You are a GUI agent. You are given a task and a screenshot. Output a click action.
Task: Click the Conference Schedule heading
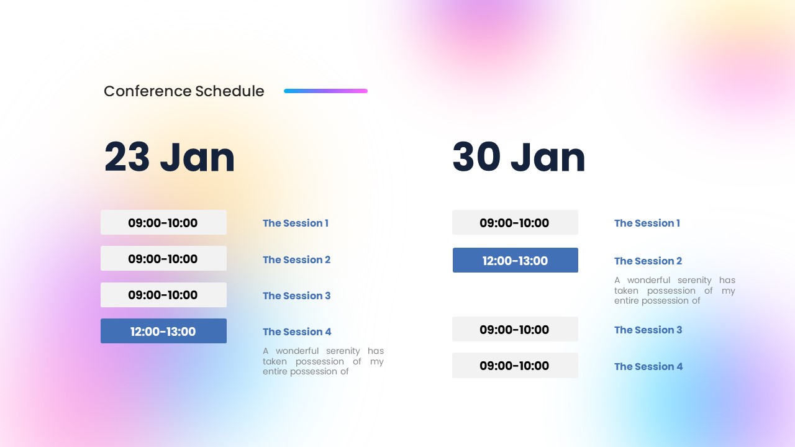(184, 91)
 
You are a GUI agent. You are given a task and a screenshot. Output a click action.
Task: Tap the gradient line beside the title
(325, 91)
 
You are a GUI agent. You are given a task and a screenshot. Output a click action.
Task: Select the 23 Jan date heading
(170, 157)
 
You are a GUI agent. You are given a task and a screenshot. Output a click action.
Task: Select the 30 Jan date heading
(519, 157)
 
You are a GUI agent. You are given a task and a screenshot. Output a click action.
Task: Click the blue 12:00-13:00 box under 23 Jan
(163, 331)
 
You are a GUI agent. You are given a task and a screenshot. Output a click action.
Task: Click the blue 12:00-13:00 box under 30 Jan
(515, 260)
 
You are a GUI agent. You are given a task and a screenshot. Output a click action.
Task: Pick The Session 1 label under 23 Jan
(296, 223)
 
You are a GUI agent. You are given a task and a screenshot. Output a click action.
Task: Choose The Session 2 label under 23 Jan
(297, 260)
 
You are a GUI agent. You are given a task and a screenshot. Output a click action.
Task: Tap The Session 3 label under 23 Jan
(297, 296)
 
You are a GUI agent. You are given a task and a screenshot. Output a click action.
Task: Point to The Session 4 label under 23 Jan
(297, 332)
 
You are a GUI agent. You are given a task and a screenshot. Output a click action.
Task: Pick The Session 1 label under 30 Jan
(647, 223)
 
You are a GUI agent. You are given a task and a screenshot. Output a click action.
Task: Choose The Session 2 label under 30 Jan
(648, 261)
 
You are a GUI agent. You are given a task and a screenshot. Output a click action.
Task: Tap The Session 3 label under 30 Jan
(648, 330)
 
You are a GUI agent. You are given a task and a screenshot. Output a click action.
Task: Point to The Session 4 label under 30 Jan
(648, 366)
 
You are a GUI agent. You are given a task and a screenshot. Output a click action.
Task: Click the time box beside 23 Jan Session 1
(163, 222)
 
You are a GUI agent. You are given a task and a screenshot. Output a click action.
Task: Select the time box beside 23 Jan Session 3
(163, 295)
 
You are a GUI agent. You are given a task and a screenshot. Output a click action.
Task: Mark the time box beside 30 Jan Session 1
(515, 222)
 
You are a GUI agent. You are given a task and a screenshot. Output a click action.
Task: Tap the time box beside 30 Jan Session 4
(515, 366)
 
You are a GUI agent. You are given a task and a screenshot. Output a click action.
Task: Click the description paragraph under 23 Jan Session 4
(323, 361)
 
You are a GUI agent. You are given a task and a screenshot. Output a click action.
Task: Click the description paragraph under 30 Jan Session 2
(675, 291)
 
